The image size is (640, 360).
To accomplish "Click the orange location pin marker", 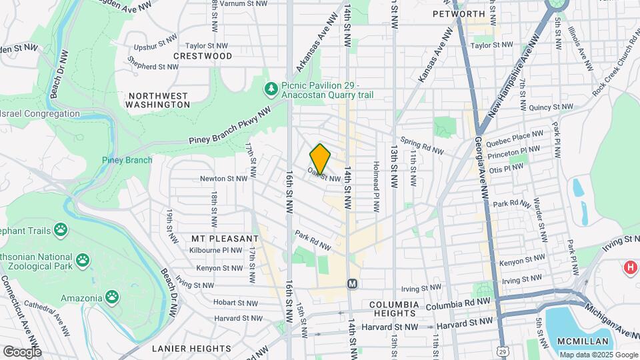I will pyautogui.click(x=320, y=159).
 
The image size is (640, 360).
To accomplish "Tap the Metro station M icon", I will pyautogui.click(x=353, y=283).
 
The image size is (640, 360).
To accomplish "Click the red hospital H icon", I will pyautogui.click(x=629, y=268).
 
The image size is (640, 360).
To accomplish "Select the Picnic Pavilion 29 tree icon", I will pyautogui.click(x=271, y=89).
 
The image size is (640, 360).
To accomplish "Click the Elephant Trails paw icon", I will pyautogui.click(x=61, y=230).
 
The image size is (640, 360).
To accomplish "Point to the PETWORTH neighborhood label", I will pyautogui.click(x=458, y=13).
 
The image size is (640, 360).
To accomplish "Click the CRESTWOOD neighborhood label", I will pyautogui.click(x=203, y=56).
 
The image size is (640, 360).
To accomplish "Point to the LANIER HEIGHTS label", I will pyautogui.click(x=191, y=348).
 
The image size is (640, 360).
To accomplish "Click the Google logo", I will pyautogui.click(x=21, y=351).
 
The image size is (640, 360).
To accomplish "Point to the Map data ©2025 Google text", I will pyautogui.click(x=598, y=355).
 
